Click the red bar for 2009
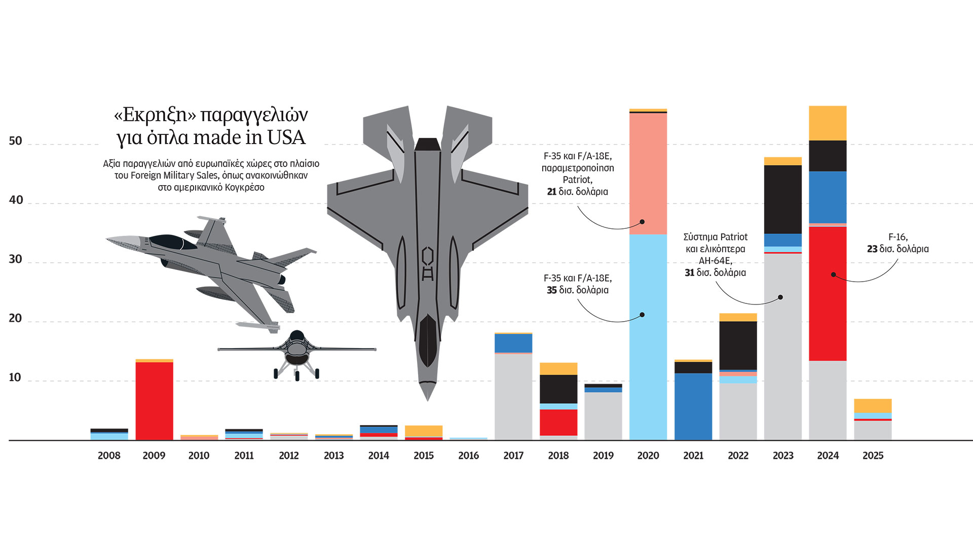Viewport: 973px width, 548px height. [x=154, y=401]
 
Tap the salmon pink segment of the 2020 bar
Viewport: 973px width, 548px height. [x=648, y=173]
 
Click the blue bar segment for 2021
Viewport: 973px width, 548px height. [x=693, y=406]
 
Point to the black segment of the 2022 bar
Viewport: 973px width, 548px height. [x=738, y=345]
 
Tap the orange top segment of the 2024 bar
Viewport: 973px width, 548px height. [x=828, y=123]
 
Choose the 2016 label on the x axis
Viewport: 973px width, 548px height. [x=468, y=456]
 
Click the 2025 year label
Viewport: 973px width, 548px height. [x=873, y=456]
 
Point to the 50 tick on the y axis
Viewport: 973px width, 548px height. [x=16, y=141]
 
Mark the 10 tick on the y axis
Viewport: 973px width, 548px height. [x=15, y=378]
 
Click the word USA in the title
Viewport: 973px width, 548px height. [x=286, y=138]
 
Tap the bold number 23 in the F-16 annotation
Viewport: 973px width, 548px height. [x=872, y=249]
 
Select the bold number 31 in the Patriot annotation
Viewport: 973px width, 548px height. [x=689, y=273]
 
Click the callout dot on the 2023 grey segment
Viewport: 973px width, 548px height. [x=780, y=297]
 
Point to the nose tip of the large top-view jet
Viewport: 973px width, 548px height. [x=428, y=399]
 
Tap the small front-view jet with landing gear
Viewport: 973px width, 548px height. [x=297, y=353]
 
